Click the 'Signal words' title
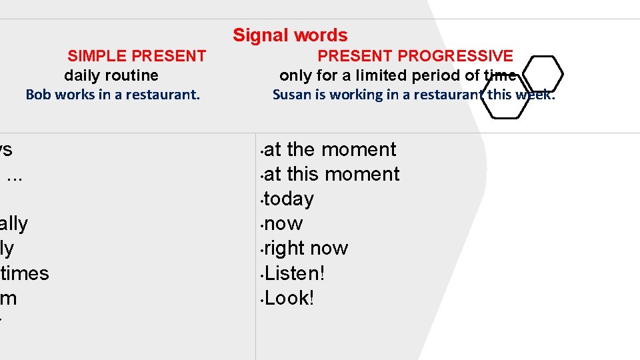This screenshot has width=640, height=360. pos(290,35)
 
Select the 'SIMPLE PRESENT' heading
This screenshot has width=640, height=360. pos(137,56)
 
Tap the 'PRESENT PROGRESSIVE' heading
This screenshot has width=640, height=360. pos(415,56)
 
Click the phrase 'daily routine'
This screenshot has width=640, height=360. pos(111,75)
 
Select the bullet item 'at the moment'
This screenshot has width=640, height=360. pos(330,149)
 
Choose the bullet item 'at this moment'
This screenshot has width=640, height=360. pos(332,174)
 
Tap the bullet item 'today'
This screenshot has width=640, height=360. pos(289,199)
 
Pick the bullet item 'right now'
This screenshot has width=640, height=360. pos(306,248)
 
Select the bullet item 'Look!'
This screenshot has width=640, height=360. pos(289,298)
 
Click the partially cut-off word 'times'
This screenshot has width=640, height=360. pos(25,273)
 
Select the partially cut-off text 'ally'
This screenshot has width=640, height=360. pos(14,223)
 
